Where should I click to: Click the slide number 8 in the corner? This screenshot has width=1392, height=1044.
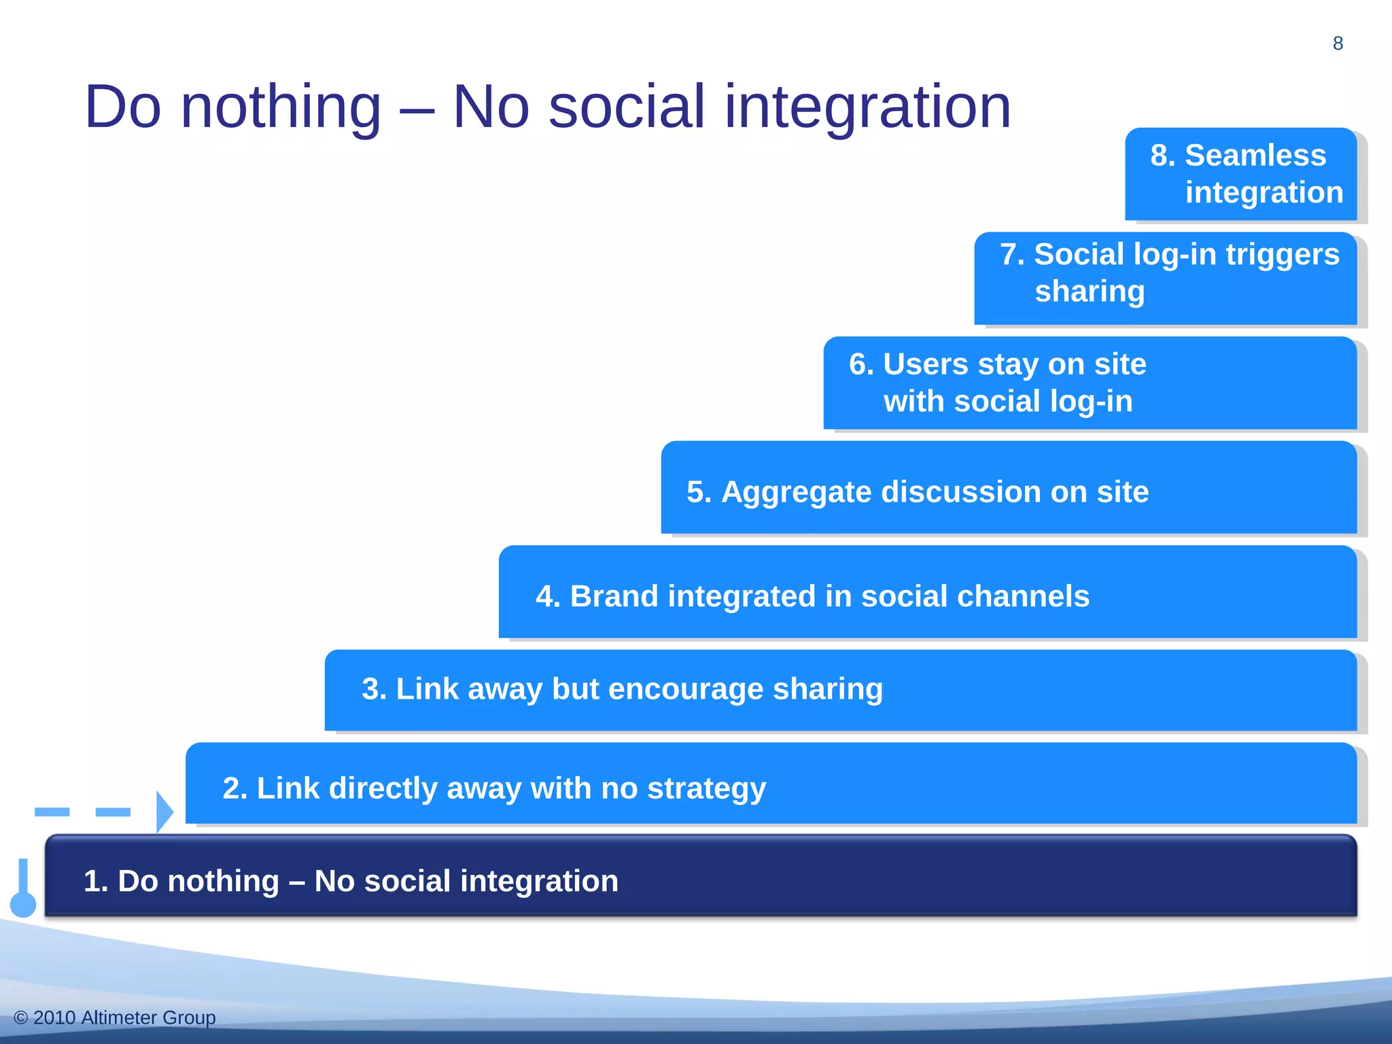point(1338,43)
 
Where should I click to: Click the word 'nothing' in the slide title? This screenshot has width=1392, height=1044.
point(281,107)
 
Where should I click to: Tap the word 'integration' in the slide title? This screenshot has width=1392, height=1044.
point(867,107)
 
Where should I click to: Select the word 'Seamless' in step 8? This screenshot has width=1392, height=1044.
point(1255,155)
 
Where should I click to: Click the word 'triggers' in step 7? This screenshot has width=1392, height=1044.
point(1283,254)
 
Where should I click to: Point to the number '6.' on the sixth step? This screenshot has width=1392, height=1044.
point(861,364)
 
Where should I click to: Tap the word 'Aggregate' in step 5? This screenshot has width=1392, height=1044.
point(796,491)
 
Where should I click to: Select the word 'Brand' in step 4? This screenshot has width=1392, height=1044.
point(614,596)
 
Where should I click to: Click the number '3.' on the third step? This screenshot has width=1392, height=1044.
point(374,689)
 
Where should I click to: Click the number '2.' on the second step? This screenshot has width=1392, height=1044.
point(234,788)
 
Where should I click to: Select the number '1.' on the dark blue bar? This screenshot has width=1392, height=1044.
point(96,882)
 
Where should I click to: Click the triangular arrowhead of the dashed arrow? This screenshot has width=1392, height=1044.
point(164,812)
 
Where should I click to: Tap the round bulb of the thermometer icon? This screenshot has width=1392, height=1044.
point(23,905)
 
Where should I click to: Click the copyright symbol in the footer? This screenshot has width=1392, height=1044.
point(20,1017)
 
